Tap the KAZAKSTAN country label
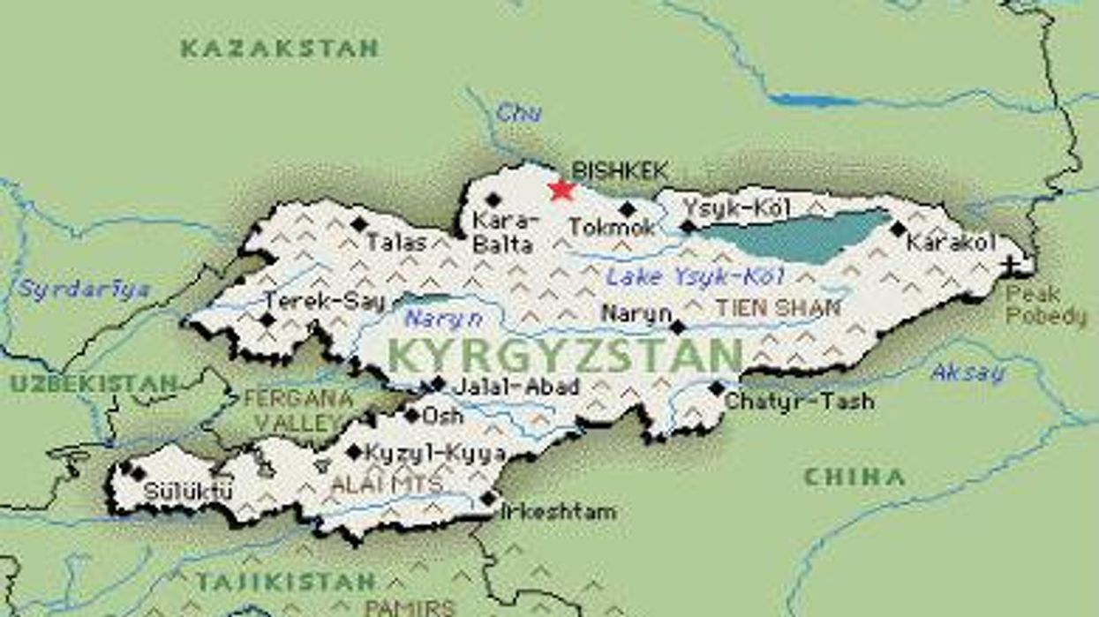point(280,49)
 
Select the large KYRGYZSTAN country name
point(565,356)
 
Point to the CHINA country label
point(854,478)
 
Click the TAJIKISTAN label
point(286,582)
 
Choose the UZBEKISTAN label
point(93,384)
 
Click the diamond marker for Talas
point(358,224)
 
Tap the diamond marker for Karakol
point(898,229)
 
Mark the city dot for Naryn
point(677,327)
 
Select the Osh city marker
point(411,415)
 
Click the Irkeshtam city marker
point(488,499)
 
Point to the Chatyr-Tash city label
point(799,402)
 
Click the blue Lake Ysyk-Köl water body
point(794,234)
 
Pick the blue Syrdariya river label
point(85,290)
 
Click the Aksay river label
point(968,372)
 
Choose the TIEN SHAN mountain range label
point(778,308)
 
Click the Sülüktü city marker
point(137,474)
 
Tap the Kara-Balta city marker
point(493,199)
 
